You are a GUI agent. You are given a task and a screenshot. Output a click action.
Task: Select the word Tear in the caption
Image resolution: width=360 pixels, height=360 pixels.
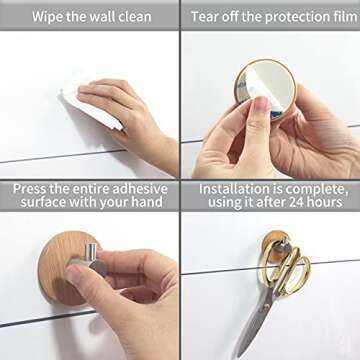coord(208,17)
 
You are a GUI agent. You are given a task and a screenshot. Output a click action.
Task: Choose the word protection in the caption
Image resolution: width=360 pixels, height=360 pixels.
coord(285,17)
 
